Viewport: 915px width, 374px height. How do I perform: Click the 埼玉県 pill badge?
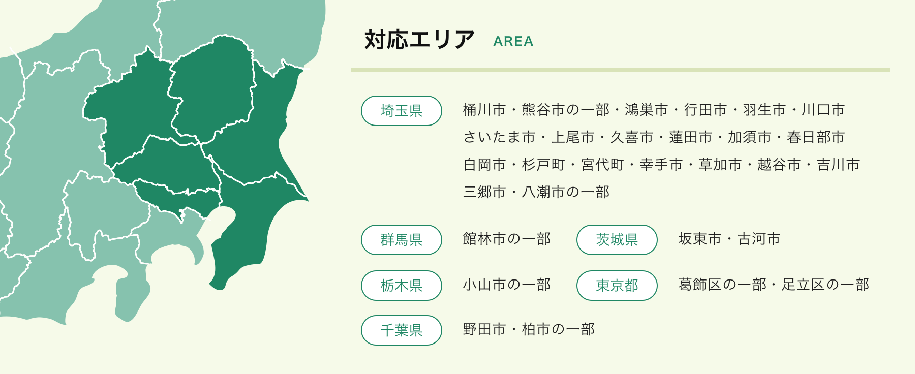point(401,111)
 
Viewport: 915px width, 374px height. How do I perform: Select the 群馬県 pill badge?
point(401,240)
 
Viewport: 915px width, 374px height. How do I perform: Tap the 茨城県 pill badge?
point(617,240)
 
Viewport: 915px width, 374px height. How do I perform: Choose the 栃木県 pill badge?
point(401,286)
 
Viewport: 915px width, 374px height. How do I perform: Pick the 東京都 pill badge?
point(617,286)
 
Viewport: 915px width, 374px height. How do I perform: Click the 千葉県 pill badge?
point(401,330)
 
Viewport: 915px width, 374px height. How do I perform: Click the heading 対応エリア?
point(419,40)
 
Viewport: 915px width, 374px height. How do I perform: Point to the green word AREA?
point(513,42)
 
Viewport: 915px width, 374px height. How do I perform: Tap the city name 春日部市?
point(816,137)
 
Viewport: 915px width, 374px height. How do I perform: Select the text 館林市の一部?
point(507,239)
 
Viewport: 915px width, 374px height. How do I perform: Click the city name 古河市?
point(759,239)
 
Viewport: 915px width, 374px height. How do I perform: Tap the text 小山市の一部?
point(507,285)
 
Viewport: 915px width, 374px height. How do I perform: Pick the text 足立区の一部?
point(826,285)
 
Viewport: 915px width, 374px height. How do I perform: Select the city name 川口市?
point(823,110)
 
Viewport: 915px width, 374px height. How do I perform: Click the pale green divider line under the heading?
point(620,70)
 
